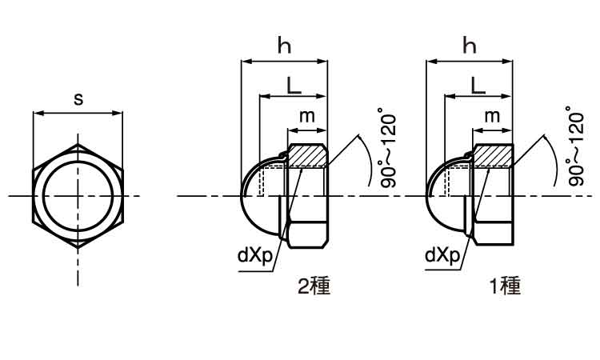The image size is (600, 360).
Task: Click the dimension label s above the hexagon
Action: coord(78,99)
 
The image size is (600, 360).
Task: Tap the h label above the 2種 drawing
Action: coord(284,46)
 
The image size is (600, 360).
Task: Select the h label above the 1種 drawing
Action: coord(470,46)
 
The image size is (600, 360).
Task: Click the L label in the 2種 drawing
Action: coord(294,86)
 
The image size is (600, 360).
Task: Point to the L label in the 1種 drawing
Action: coord(478,86)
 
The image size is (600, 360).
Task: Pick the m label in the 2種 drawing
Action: coord(307,116)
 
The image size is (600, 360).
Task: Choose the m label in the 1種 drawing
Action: coord(492,116)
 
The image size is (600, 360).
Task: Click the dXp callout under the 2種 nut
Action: coord(254,255)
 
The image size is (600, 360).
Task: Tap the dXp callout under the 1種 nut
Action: coord(442,255)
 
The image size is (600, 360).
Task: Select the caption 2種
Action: coord(314,286)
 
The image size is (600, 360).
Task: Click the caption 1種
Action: coord(506,286)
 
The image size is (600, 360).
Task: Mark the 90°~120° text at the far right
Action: coord(575,146)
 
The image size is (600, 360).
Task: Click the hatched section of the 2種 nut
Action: coord(307,156)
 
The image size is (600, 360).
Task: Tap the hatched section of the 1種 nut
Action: coord(493,156)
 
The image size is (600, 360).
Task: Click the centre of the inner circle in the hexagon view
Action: coord(78,196)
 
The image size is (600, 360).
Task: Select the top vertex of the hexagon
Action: coord(78,144)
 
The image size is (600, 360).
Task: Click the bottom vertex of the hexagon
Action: coord(78,248)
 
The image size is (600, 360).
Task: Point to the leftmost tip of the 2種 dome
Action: coord(241,196)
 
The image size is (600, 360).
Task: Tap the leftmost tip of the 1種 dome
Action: coord(426,196)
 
